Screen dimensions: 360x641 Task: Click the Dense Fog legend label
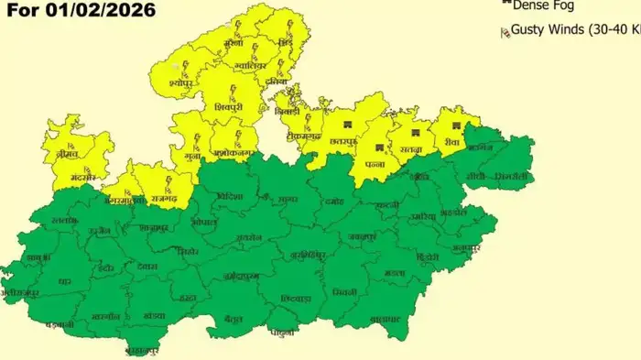tap(540, 5)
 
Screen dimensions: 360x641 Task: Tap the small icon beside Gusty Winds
tap(504, 33)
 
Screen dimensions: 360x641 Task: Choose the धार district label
tap(64, 282)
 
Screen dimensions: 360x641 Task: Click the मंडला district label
tap(395, 273)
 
